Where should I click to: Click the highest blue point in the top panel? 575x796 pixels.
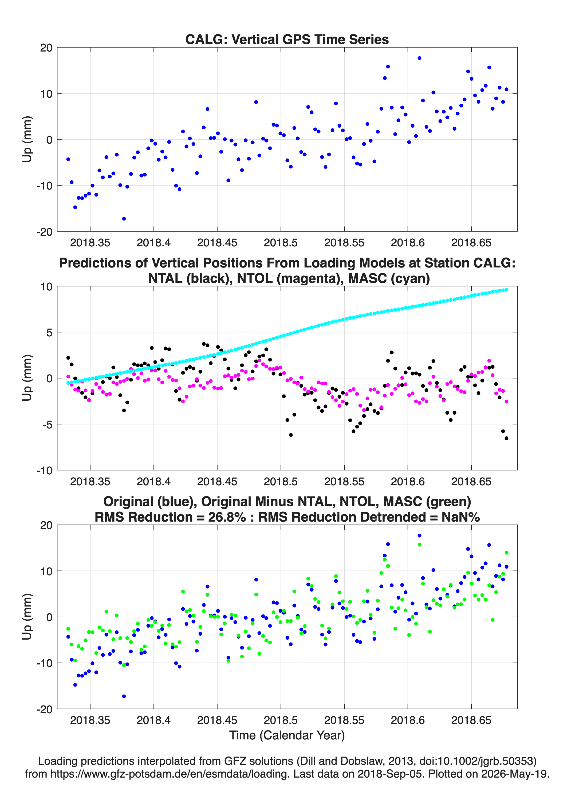coord(419,58)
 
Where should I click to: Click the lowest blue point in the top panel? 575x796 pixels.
coord(124,219)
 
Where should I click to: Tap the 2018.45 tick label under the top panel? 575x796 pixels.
coord(217,243)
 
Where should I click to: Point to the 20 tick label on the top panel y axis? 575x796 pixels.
coord(46,48)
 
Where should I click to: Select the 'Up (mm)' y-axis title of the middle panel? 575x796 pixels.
coord(27,378)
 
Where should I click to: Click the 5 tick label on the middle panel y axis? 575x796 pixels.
coord(49,332)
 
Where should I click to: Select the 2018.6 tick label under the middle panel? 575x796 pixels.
coord(408,482)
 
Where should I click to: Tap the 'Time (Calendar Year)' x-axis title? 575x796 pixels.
coord(287,735)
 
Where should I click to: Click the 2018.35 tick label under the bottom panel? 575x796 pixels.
coord(90,720)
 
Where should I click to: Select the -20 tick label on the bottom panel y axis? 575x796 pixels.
coord(44,709)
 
